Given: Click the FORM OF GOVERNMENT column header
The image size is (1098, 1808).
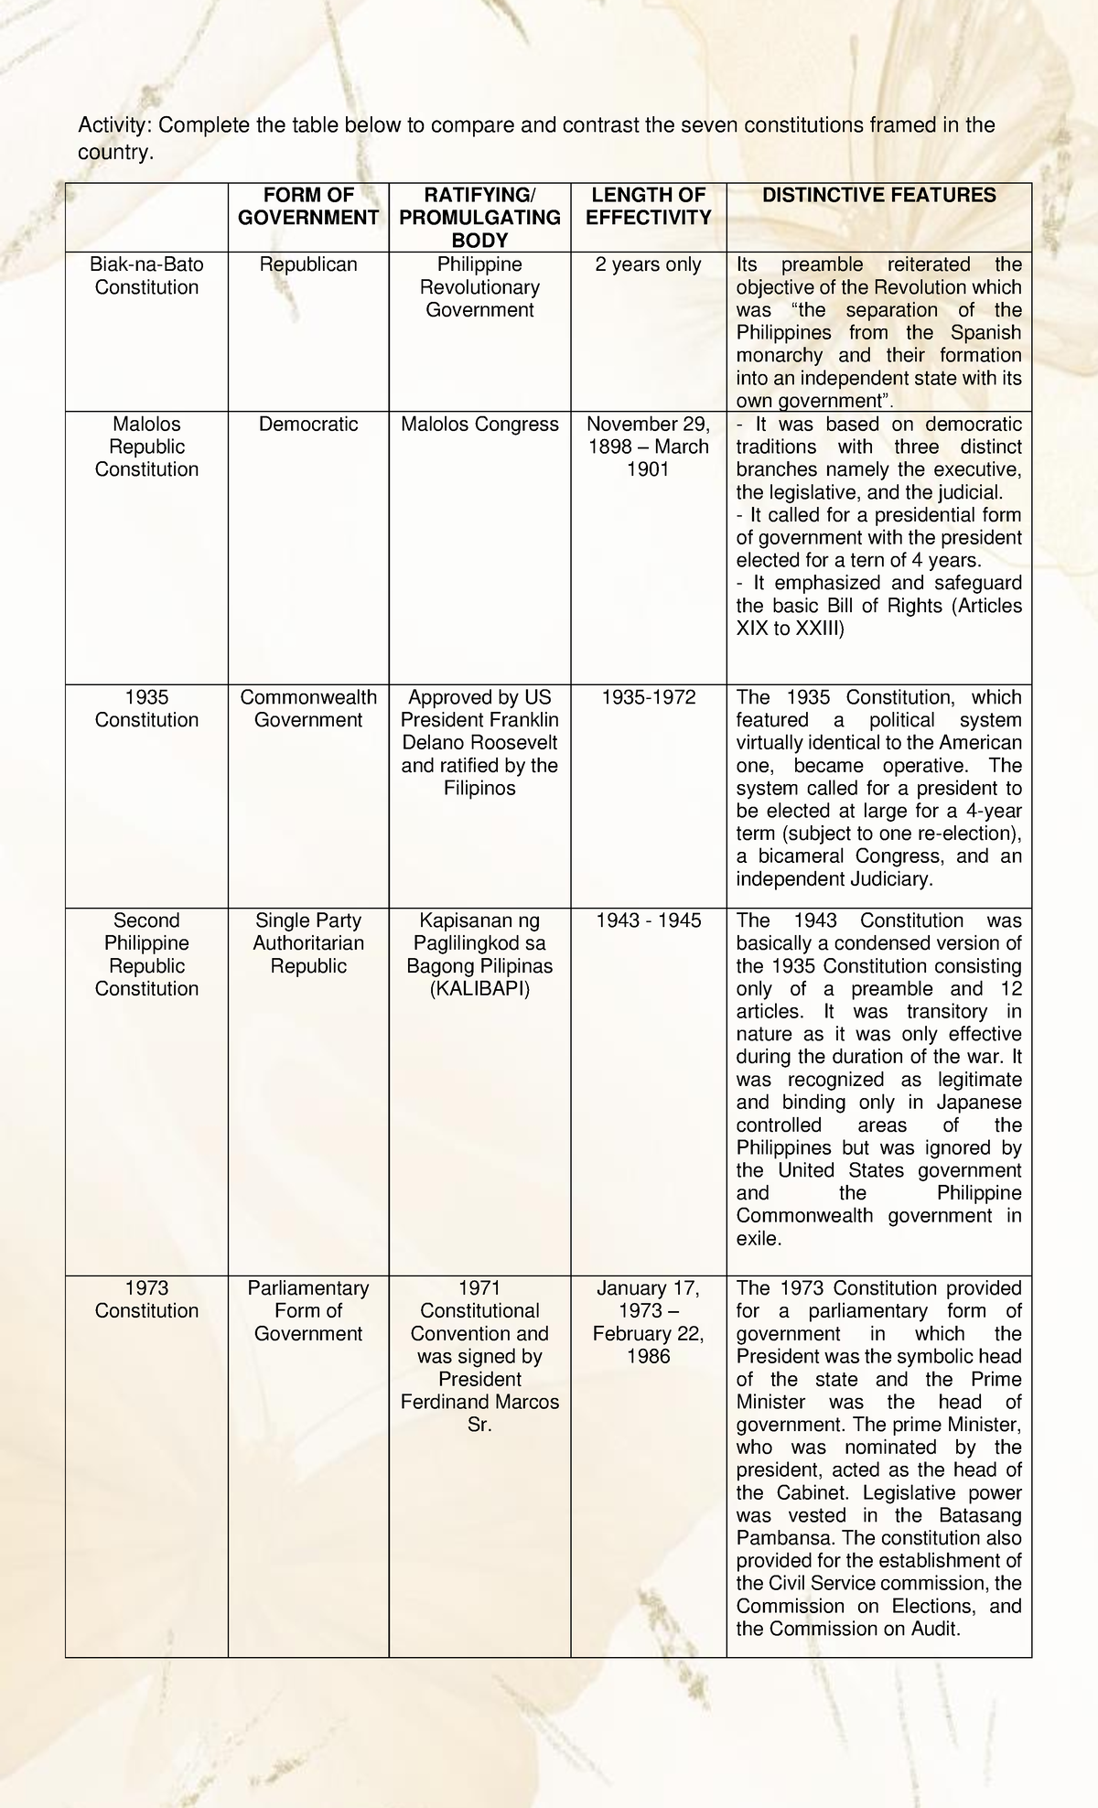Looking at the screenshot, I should click(x=308, y=206).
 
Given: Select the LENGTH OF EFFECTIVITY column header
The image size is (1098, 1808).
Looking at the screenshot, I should click(x=648, y=206).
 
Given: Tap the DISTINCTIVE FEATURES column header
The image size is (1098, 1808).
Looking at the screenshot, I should click(x=878, y=195).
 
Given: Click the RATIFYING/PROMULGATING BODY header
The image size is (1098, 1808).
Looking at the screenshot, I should click(x=479, y=217).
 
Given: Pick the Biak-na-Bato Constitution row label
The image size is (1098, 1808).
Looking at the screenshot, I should click(x=146, y=275).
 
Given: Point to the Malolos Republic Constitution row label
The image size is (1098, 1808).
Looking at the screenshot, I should click(x=146, y=447).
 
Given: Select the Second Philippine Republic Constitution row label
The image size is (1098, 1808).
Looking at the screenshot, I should click(x=146, y=954).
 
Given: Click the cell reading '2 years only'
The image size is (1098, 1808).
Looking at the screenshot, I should click(x=648, y=264).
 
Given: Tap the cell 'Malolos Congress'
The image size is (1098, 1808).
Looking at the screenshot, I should click(x=479, y=425).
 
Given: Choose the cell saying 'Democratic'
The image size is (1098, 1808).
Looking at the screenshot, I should click(x=308, y=425).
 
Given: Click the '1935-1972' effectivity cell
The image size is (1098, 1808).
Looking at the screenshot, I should click(x=648, y=697).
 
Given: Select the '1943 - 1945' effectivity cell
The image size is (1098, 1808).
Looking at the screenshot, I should click(x=648, y=920).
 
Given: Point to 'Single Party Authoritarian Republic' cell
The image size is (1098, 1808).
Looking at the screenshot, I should click(x=308, y=943).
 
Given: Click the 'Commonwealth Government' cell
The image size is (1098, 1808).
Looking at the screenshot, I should click(x=308, y=709).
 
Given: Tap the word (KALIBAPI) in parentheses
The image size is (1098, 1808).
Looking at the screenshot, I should click(x=479, y=989).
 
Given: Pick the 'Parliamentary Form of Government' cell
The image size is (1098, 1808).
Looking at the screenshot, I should click(x=308, y=1311).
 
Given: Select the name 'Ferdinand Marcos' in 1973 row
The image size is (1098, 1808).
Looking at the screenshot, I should click(x=479, y=1402).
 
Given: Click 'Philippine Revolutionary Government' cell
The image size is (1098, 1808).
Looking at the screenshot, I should click(x=479, y=287).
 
